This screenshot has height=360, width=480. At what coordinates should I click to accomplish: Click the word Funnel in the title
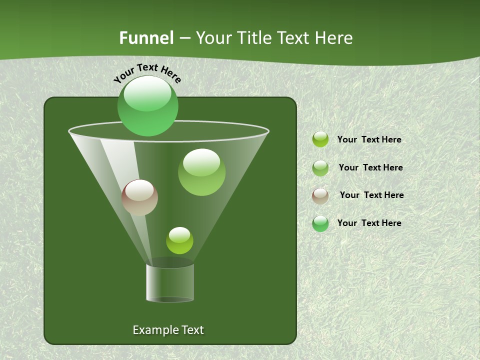click(146, 38)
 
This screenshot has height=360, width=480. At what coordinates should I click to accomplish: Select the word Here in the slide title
click(334, 38)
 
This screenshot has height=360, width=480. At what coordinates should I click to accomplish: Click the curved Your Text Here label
click(147, 72)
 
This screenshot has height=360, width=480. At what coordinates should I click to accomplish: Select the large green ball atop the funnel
click(148, 105)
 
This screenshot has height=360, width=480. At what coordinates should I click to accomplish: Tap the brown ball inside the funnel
click(139, 197)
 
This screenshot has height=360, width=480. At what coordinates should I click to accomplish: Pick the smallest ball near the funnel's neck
click(179, 240)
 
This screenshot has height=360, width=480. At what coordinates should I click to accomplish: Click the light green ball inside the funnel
click(201, 172)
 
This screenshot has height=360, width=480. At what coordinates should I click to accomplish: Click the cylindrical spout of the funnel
click(170, 283)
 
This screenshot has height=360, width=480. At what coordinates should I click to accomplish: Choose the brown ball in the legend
click(320, 195)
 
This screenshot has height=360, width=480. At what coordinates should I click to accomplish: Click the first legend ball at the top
click(320, 139)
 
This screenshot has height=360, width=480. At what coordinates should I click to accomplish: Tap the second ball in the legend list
click(320, 167)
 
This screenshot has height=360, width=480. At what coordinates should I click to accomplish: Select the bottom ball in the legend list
click(320, 223)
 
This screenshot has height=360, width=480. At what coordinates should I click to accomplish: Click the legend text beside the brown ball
click(371, 195)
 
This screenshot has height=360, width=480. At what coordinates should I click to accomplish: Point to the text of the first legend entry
click(369, 139)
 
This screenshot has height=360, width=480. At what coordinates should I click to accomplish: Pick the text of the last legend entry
click(369, 223)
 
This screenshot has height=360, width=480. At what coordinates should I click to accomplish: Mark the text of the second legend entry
click(370, 167)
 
